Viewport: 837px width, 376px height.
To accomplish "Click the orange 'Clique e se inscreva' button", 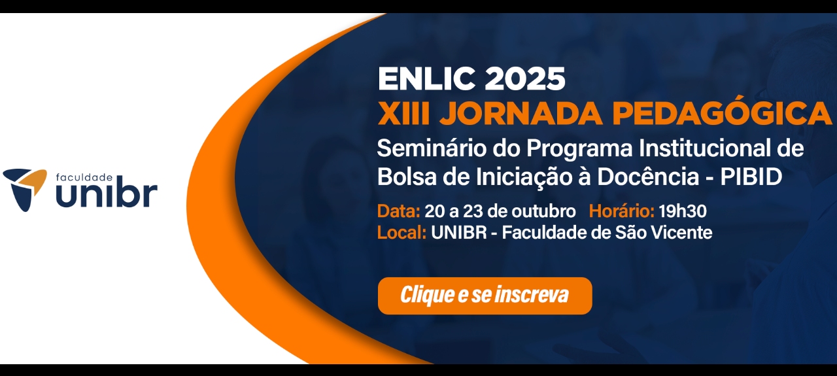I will pos(485,296).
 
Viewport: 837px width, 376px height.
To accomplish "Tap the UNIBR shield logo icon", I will pos(26,188).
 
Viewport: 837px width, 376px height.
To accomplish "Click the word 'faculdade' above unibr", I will pos(84,177).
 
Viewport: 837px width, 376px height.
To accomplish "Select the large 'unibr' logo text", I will pos(106,195).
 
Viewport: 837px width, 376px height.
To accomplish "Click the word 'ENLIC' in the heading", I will pos(426,80).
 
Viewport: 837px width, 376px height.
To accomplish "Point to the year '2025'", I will pos(525,80).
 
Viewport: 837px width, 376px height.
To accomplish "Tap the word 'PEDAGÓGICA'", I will pos(722,114).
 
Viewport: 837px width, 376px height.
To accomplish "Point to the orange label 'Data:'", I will pos(398,212).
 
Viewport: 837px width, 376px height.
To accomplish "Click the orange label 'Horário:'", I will pos(621,212).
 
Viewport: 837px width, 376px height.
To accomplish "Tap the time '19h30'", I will pos(683,212).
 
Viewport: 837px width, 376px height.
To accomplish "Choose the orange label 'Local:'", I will pos(401,232).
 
